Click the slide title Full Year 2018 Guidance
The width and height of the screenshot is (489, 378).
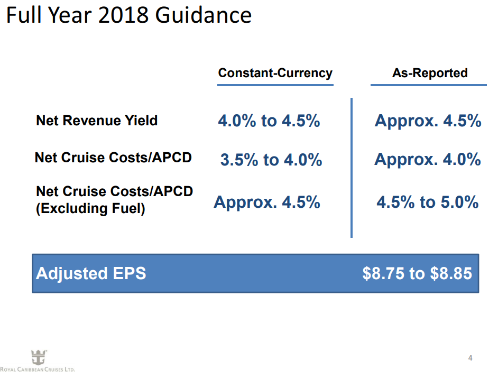point(128,15)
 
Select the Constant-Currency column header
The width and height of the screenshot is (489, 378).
point(275,73)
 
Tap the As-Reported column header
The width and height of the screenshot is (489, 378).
point(429,73)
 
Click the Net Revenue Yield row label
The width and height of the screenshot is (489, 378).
point(97,121)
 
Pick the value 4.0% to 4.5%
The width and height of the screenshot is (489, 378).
point(269,121)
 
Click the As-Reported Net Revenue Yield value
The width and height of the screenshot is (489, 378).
point(428,121)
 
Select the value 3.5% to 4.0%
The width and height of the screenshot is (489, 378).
point(271,160)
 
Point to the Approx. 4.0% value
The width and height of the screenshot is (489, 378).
point(428,159)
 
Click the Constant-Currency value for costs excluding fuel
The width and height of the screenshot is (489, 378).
point(267,202)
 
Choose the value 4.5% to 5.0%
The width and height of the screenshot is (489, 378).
point(428,202)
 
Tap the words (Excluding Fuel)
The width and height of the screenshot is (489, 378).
point(90,209)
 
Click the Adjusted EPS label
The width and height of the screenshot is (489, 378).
point(91,273)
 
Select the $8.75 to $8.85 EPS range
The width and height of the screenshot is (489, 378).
point(417,273)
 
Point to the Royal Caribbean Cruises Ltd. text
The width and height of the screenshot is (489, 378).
point(38,370)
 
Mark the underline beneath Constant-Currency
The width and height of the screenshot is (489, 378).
point(275,85)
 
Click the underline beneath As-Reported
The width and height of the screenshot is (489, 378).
point(428,85)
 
